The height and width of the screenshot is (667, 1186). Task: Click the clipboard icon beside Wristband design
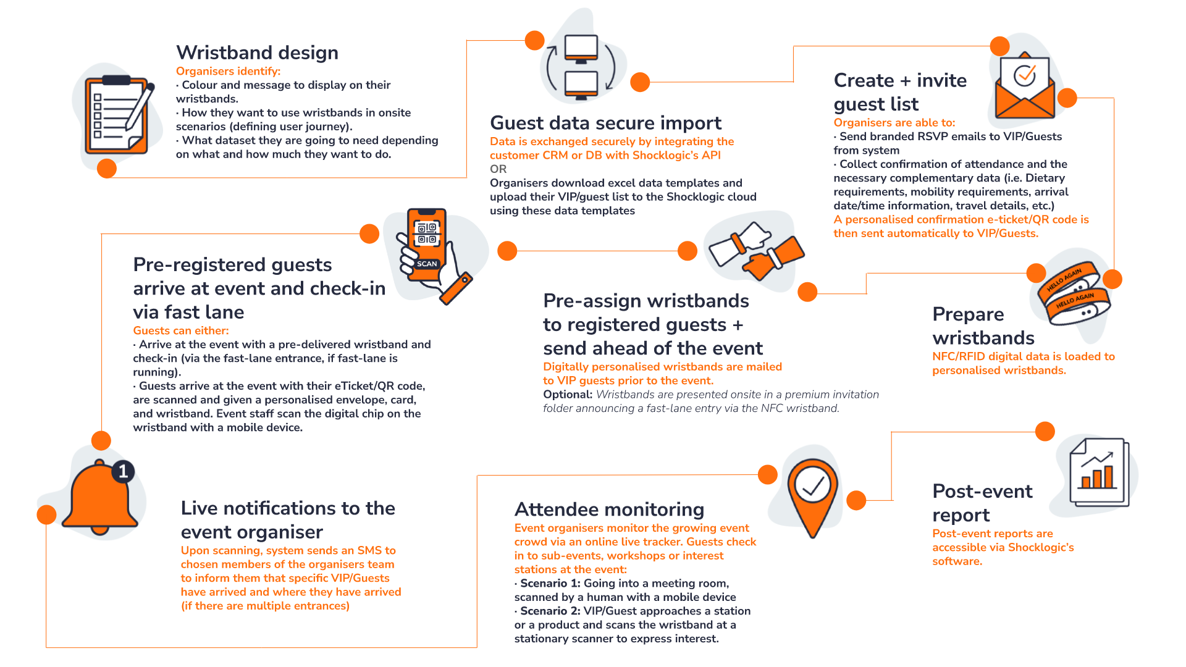point(116,116)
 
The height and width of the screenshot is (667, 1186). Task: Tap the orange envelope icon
point(1025,86)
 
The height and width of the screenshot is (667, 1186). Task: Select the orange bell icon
point(99,498)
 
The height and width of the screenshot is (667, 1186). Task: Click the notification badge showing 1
point(123,472)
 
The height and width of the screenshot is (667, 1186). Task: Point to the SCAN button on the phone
point(427,264)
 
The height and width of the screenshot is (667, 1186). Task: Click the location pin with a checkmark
point(812,494)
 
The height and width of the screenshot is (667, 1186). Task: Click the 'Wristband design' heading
point(257,52)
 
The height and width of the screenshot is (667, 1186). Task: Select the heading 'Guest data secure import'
point(605,123)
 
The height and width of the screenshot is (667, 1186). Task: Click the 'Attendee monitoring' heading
point(609,510)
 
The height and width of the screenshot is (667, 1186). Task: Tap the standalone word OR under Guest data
point(498,169)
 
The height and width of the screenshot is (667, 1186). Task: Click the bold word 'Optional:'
point(568,395)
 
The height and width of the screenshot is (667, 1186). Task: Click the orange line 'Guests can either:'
point(181,331)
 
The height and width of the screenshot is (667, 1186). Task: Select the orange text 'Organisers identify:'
point(228,72)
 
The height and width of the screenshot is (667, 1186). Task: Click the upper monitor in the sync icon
point(581,48)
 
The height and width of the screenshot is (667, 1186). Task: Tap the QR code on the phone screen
point(427,233)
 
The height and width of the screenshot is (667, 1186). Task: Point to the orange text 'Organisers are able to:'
point(894,123)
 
